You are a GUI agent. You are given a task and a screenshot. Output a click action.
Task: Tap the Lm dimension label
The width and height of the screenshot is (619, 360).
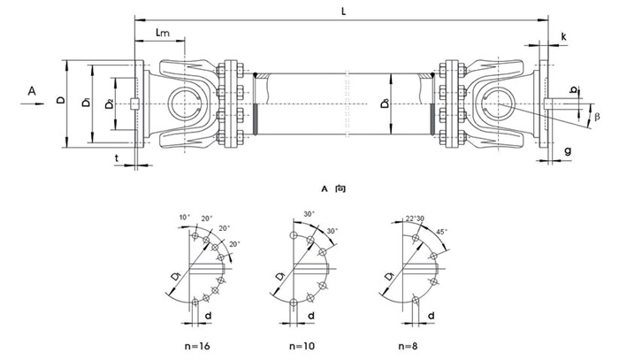pyautogui.click(x=163, y=34)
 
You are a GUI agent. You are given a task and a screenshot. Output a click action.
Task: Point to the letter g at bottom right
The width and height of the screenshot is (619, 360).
pyautogui.click(x=567, y=151)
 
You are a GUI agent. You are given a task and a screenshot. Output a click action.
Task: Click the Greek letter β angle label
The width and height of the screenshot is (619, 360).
pyautogui.click(x=597, y=116)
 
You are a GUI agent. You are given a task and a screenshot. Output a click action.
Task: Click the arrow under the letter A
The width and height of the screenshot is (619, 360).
pyautogui.click(x=32, y=103)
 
